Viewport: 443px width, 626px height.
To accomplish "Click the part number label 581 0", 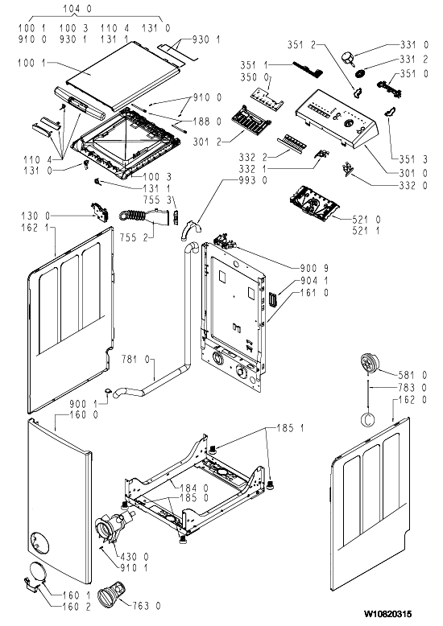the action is (412, 375).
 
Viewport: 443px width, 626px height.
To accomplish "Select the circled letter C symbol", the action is (368, 418).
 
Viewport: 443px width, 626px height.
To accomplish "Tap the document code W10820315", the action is (387, 613).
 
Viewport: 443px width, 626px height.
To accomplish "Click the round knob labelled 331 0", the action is (348, 58).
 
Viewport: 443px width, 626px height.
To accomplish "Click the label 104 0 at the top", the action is (77, 8).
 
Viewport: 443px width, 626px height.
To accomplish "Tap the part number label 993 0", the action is (253, 180).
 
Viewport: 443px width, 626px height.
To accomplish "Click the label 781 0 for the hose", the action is (135, 360).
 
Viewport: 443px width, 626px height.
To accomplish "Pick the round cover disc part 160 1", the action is (36, 573).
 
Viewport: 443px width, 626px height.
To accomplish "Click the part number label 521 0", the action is (366, 219).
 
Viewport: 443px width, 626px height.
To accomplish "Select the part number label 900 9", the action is (314, 269).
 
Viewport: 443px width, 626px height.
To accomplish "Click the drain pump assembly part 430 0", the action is (113, 526).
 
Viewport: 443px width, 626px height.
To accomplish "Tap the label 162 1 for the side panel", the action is (35, 228).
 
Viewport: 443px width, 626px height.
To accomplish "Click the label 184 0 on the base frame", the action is (194, 488).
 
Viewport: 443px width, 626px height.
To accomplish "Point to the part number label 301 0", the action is (413, 173).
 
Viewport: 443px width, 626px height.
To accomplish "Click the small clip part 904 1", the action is (274, 299).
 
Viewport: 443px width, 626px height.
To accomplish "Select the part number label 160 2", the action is (77, 607).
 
